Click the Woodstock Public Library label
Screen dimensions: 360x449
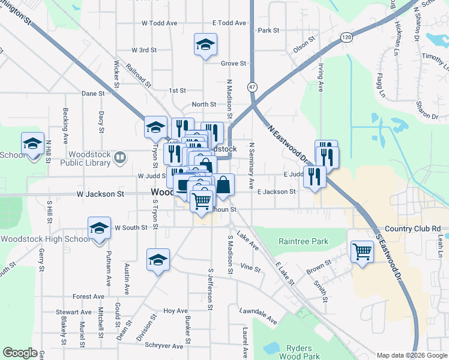87,158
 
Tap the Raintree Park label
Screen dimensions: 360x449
303,241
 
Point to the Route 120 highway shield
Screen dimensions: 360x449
346,37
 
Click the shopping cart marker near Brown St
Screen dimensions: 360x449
362,251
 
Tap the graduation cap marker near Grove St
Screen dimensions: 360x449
205,44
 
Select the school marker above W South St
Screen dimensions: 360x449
99,228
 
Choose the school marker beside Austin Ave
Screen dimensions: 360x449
158,260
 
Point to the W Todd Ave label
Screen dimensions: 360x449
159,23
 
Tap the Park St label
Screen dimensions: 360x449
268,30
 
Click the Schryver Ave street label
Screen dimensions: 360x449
163,346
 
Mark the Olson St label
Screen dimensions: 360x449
304,46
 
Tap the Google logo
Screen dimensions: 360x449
20,353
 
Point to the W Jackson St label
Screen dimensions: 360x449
100,194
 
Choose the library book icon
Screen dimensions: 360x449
121,158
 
